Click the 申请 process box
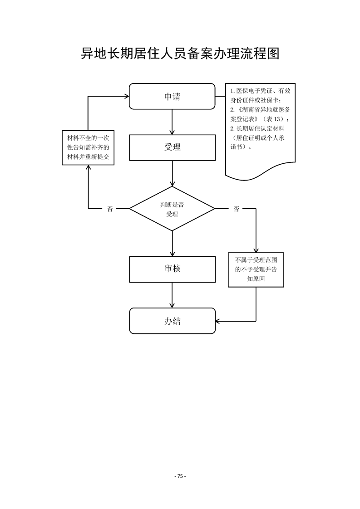(172, 96)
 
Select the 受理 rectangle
(172, 147)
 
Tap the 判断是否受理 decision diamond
(172, 209)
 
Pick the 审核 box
(172, 269)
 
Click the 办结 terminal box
(172, 321)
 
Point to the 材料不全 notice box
(88, 147)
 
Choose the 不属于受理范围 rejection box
(256, 270)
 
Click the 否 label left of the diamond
(110, 209)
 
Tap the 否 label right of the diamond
(236, 209)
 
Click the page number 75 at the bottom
(180, 476)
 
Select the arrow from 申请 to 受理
(172, 121)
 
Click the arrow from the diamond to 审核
(172, 243)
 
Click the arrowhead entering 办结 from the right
(218, 321)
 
